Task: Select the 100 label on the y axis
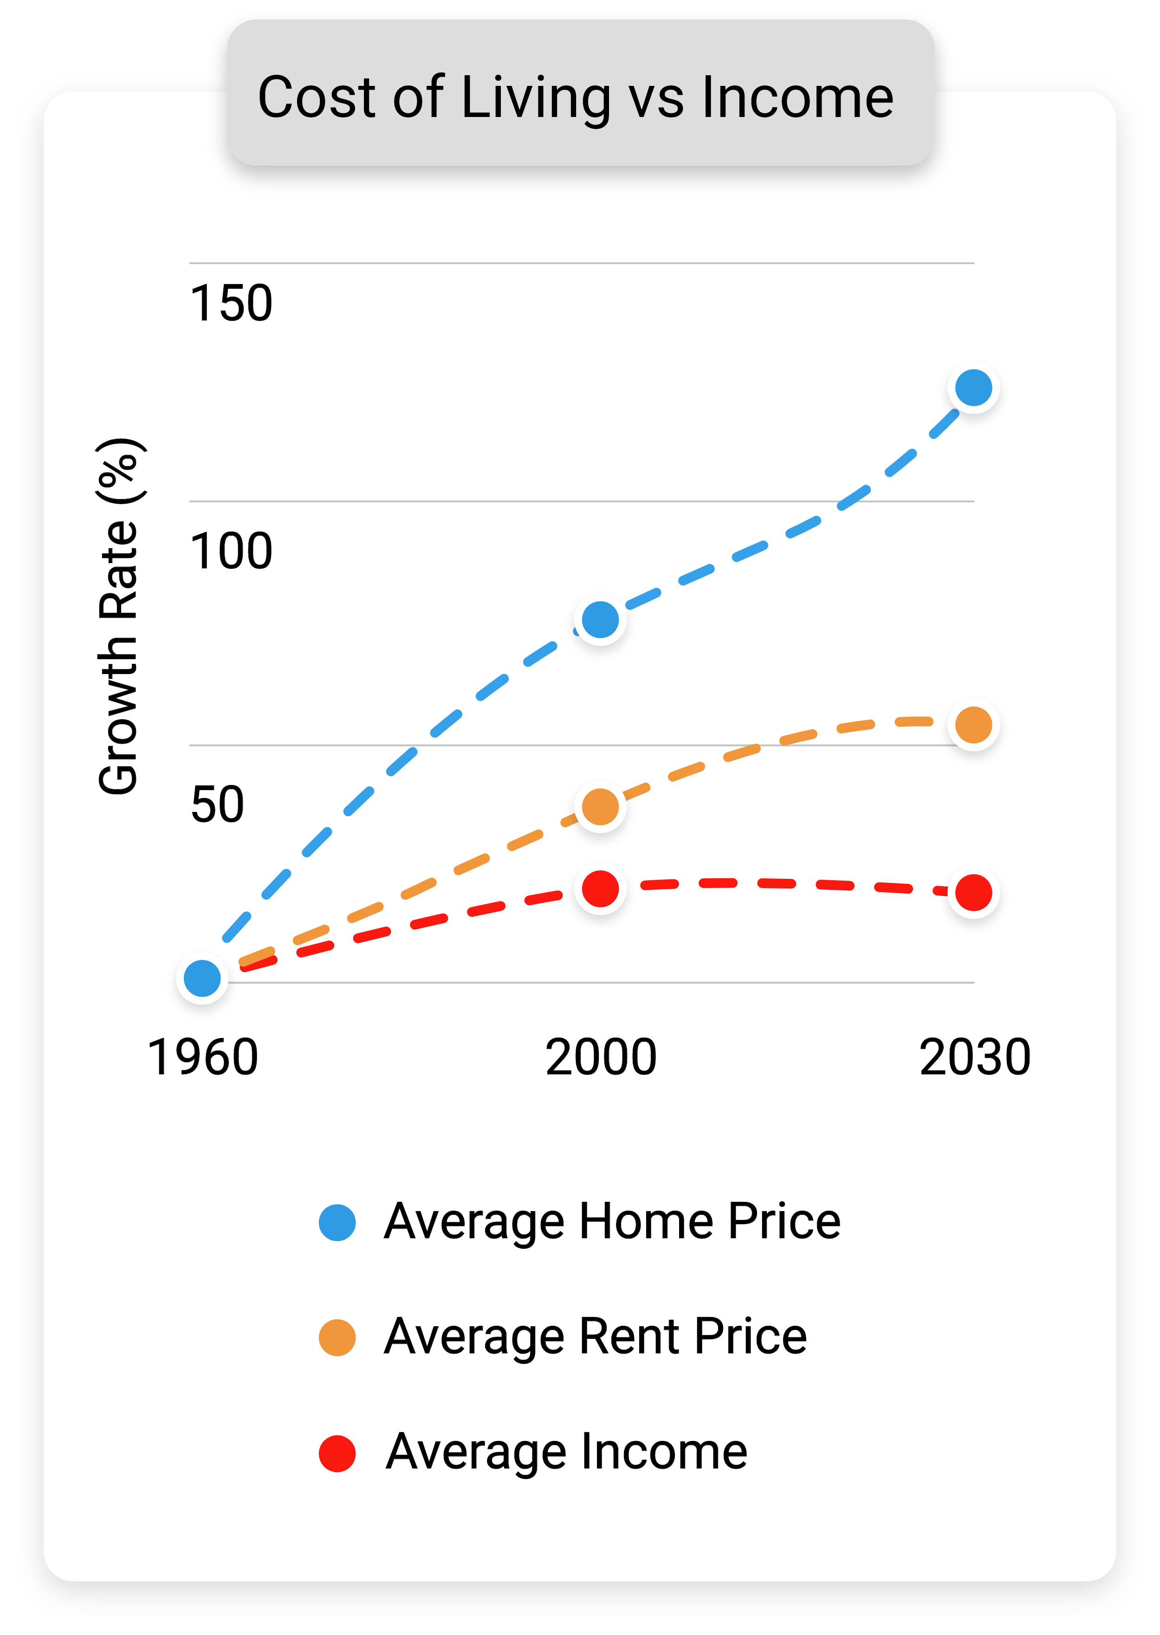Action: pos(231,551)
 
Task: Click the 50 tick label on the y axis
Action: pos(217,805)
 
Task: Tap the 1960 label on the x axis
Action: pos(202,1057)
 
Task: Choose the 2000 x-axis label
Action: pos(600,1057)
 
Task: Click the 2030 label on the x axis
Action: pos(974,1057)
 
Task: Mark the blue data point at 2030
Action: pos(973,388)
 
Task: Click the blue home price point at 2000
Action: pos(600,619)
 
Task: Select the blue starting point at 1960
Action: pos(202,978)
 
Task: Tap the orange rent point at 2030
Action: pos(973,725)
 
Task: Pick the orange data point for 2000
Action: pos(600,806)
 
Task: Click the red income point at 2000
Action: pos(600,889)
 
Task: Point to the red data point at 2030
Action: pos(973,892)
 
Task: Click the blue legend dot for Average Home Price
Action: pos(337,1222)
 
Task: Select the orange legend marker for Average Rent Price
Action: pos(337,1337)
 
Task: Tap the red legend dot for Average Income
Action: pos(337,1453)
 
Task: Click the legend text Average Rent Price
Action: pos(595,1337)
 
